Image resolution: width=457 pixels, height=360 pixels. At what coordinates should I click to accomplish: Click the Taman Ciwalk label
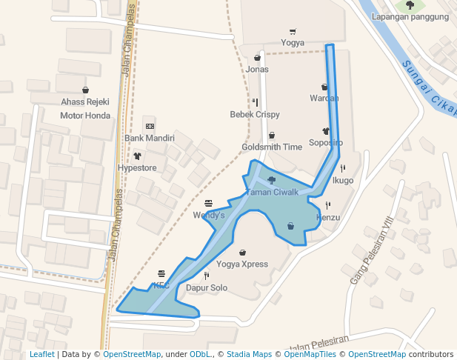click(x=271, y=193)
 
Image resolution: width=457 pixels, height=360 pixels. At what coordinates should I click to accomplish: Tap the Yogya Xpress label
click(x=242, y=264)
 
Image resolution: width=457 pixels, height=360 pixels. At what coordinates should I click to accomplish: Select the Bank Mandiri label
click(x=150, y=139)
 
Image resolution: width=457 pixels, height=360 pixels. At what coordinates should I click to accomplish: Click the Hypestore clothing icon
click(x=138, y=156)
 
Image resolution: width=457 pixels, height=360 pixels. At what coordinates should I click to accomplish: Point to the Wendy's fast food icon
click(x=208, y=203)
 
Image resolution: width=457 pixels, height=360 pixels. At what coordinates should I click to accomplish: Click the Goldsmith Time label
click(x=272, y=147)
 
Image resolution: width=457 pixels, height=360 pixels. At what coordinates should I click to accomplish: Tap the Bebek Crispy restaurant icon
click(x=255, y=103)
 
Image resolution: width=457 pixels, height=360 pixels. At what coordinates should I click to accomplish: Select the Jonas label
click(x=257, y=70)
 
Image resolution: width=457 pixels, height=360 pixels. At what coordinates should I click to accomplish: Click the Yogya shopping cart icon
click(x=293, y=32)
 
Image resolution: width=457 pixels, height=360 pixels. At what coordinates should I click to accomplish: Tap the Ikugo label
click(x=343, y=180)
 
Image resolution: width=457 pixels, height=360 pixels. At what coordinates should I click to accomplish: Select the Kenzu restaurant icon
click(x=327, y=205)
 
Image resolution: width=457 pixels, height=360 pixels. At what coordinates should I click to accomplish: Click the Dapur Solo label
click(x=206, y=287)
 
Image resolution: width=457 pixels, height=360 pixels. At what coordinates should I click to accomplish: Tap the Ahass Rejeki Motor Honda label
click(x=85, y=108)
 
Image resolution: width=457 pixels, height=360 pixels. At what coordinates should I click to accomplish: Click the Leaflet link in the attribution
click(x=41, y=354)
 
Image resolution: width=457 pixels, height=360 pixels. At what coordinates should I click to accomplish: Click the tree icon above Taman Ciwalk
click(x=272, y=180)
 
